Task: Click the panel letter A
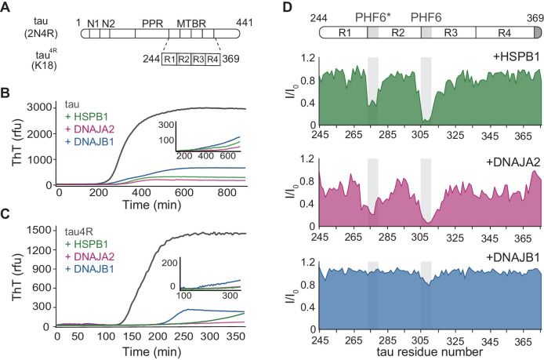pos(7,8)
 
